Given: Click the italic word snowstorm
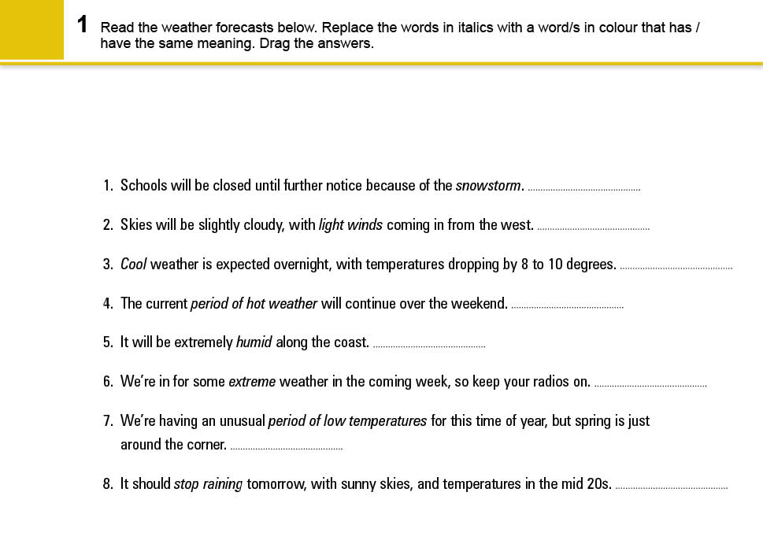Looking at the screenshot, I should click(488, 186).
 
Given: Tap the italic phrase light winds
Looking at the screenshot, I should click(350, 225).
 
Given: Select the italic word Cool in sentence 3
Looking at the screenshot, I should click(133, 265).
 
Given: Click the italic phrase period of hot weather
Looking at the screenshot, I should click(254, 304).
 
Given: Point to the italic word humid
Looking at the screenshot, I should click(254, 342).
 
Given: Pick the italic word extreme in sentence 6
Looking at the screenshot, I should click(252, 382).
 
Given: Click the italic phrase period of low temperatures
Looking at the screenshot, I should click(347, 421).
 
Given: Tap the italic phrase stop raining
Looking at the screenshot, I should click(208, 484).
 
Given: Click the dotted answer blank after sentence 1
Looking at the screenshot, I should click(583, 189).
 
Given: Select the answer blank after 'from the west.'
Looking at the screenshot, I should click(593, 228).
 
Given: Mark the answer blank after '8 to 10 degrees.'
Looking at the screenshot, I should click(676, 268).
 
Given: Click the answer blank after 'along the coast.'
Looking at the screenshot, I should click(428, 346).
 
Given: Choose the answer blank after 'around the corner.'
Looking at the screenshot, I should click(286, 448).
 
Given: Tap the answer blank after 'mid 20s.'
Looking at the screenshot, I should click(671, 487).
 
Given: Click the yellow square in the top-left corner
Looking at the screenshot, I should click(31, 29).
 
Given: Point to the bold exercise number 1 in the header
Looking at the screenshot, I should click(83, 24).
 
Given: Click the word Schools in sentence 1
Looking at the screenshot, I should click(144, 186).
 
